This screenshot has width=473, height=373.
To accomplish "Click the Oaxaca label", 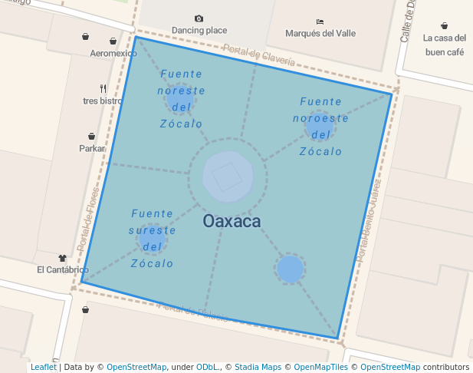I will (232, 222).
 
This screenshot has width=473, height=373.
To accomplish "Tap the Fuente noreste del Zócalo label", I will (182, 98).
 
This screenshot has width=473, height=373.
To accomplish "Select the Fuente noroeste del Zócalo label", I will (321, 126).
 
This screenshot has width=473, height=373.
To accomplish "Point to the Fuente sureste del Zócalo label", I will (153, 238).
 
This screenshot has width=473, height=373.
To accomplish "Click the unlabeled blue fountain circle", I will (290, 269).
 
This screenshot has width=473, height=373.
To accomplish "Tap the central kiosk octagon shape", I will (228, 177).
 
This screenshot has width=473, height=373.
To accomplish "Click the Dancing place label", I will (199, 31).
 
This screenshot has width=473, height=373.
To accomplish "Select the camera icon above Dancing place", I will (199, 18).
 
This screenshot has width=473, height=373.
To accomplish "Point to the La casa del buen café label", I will (445, 45).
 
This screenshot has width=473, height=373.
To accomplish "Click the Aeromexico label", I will (113, 54).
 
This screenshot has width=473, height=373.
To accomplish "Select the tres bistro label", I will (103, 101).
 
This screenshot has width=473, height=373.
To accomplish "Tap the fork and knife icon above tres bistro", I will (103, 88).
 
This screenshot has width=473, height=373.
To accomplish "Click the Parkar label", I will (92, 148).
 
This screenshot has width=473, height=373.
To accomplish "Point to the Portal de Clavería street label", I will (259, 54).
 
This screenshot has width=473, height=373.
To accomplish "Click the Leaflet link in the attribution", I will (44, 368).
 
